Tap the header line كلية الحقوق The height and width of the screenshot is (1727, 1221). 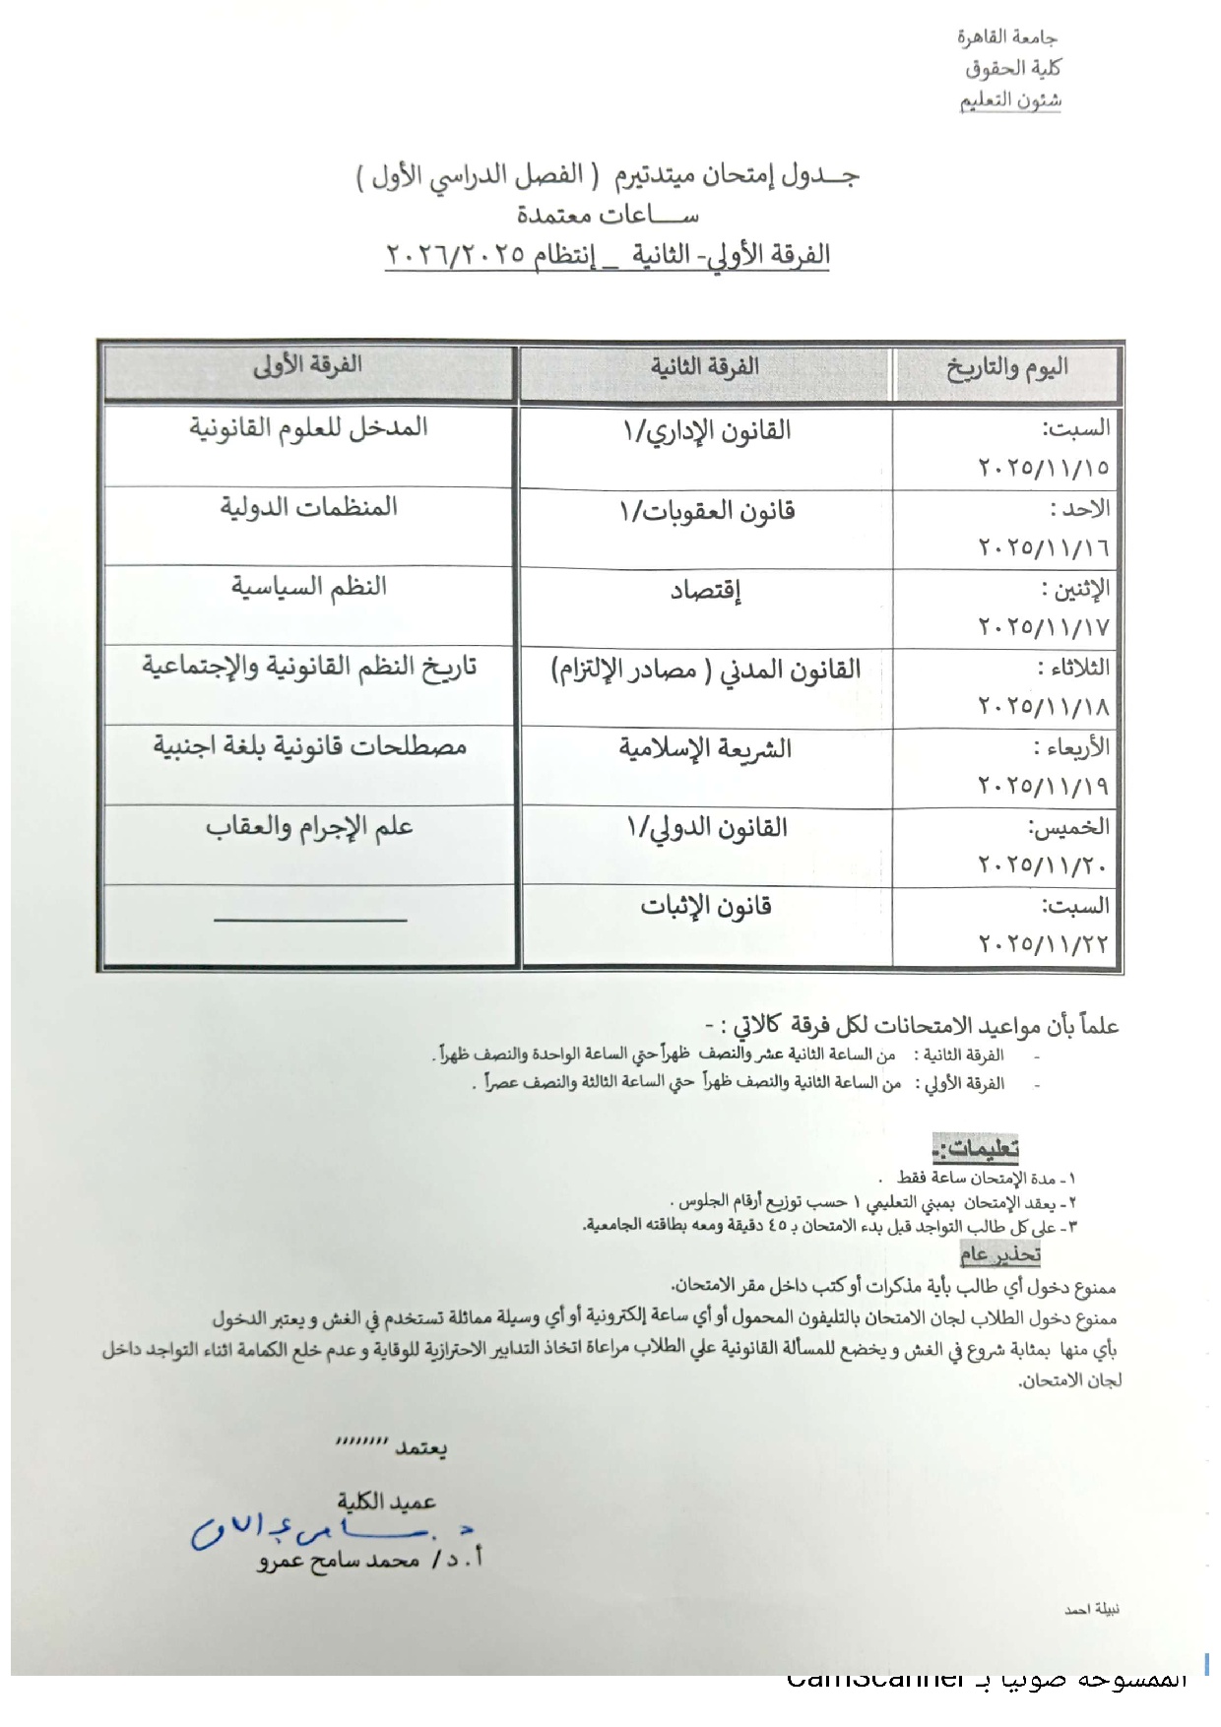[1012, 69]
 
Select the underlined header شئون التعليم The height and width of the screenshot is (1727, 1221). [1010, 100]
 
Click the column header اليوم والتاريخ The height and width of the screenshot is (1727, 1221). [1007, 369]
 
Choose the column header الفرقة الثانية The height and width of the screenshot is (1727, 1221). [704, 367]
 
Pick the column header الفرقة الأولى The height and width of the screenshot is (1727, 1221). [307, 366]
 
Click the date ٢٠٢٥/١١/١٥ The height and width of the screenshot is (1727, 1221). [1044, 468]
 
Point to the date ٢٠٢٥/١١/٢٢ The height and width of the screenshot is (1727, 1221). [1044, 944]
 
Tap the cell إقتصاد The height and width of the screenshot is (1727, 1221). [705, 591]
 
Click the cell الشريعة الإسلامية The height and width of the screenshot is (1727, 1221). [705, 749]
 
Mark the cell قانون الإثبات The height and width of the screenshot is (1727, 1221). [705, 907]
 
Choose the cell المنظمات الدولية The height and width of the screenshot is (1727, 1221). [308, 507]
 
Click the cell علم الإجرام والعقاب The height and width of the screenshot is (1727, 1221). [309, 827]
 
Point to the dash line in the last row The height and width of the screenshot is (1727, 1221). [310, 921]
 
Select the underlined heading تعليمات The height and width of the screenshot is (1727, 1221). [976, 1148]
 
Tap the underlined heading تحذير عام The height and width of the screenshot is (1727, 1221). [999, 1254]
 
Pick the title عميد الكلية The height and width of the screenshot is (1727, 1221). [386, 1502]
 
